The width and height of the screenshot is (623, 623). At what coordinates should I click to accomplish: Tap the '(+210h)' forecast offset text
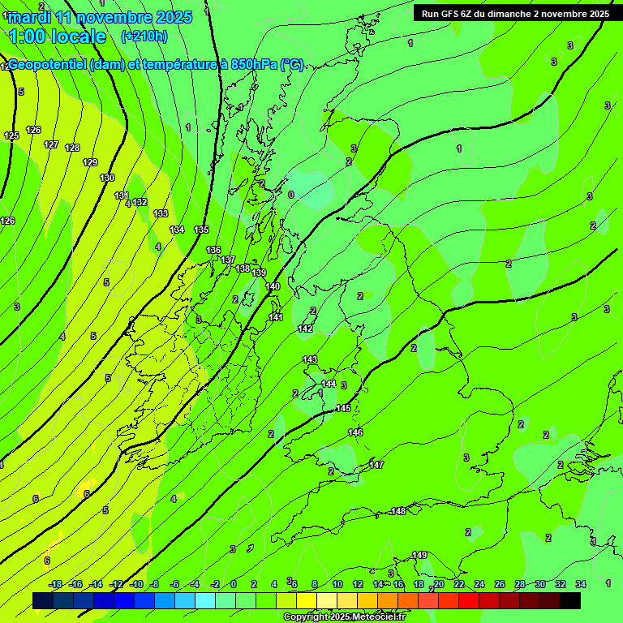pyautogui.click(x=144, y=36)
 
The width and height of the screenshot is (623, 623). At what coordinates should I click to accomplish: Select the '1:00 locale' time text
pyautogui.click(x=57, y=37)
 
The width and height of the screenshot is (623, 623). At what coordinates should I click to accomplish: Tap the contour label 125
pyautogui.click(x=11, y=135)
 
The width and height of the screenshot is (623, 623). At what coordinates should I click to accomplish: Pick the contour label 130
pyautogui.click(x=107, y=178)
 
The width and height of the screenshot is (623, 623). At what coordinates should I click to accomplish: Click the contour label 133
pyautogui.click(x=161, y=213)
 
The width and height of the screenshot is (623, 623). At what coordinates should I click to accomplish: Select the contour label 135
pyautogui.click(x=201, y=230)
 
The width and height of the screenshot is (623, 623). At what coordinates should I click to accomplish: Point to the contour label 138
pyautogui.click(x=243, y=268)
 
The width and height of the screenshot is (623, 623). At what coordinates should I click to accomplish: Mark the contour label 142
pyautogui.click(x=305, y=329)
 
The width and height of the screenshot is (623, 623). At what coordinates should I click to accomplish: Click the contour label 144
pyautogui.click(x=329, y=384)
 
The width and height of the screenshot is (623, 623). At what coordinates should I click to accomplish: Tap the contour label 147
pyautogui.click(x=376, y=465)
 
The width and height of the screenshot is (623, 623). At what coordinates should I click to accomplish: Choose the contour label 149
pyautogui.click(x=419, y=555)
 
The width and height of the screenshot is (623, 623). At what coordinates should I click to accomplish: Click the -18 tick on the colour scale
pyautogui.click(x=55, y=584)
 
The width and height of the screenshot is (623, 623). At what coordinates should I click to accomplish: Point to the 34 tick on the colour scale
pyautogui.click(x=580, y=584)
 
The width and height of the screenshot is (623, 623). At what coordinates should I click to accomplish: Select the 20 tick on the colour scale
pyautogui.click(x=438, y=584)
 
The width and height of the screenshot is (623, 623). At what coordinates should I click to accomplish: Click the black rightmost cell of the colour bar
pyautogui.click(x=570, y=600)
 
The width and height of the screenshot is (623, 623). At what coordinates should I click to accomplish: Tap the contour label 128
pyautogui.click(x=72, y=148)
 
